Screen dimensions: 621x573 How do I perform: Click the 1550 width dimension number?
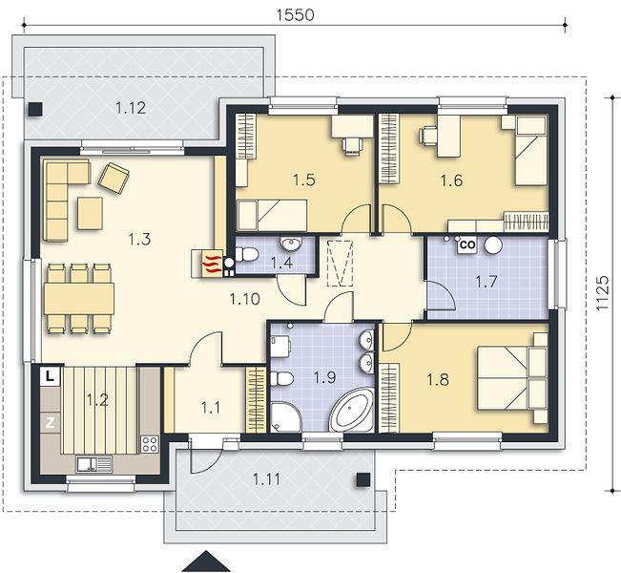coord(295,14)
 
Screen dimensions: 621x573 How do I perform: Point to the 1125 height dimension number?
coord(602,292)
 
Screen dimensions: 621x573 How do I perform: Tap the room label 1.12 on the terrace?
coord(131,108)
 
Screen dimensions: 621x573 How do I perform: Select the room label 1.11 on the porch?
coord(266,479)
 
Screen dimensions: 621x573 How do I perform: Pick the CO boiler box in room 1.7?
coord(467,244)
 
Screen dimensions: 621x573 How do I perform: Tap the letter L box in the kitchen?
coord(50,376)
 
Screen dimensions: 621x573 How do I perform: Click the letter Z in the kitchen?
coord(50,423)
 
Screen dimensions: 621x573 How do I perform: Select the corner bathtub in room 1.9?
coord(351,411)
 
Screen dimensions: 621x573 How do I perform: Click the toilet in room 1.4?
coord(246,254)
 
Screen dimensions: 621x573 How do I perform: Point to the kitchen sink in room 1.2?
coord(94,464)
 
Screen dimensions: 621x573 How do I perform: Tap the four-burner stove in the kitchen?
coord(150,444)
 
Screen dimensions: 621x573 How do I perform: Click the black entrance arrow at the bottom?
coord(205,562)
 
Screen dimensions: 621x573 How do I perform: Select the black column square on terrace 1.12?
coord(35,109)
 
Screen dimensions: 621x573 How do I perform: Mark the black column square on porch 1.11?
coord(363,479)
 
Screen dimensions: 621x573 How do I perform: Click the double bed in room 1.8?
coord(511,378)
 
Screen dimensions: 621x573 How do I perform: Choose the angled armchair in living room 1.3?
coord(114,178)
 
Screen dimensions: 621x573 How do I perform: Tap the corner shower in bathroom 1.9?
coord(286,417)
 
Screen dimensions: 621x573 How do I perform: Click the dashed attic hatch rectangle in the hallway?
coord(340,263)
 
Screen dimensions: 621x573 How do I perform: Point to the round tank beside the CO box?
coord(493,244)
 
